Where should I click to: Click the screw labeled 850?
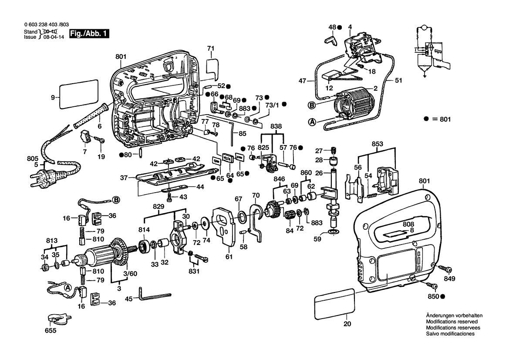tap(432, 285)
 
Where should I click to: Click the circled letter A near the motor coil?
tap(312, 122)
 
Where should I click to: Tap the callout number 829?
tap(158, 206)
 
